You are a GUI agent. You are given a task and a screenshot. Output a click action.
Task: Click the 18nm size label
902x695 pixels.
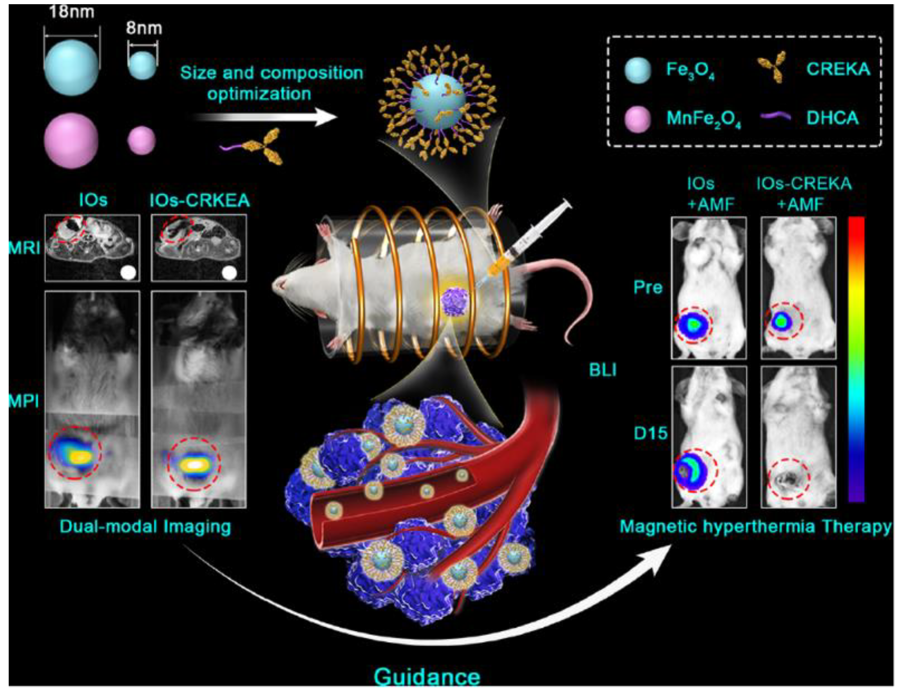(x=71, y=12)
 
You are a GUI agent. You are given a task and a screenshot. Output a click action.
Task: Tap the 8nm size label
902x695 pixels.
(x=144, y=28)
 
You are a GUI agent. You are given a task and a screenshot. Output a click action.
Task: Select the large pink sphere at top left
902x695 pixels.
(x=71, y=140)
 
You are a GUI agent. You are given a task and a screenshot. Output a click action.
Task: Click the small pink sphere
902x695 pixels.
(x=141, y=140)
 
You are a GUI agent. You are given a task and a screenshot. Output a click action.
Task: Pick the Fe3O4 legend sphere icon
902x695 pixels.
(x=638, y=70)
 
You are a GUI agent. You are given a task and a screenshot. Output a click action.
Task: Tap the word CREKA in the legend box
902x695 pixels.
(x=838, y=69)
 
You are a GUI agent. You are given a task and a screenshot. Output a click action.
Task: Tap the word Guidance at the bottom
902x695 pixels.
(x=427, y=677)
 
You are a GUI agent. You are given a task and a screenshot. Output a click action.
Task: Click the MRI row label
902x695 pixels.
(x=24, y=248)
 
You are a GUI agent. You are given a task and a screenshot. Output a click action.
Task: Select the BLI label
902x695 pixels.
(x=603, y=370)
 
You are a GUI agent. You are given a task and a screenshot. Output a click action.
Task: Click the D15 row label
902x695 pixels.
(x=651, y=433)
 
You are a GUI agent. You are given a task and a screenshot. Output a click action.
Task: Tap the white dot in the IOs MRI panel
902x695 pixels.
(x=128, y=273)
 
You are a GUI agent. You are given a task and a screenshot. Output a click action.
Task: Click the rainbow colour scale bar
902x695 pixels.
(x=856, y=359)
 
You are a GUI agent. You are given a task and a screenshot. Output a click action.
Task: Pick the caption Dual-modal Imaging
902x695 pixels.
(x=145, y=527)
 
